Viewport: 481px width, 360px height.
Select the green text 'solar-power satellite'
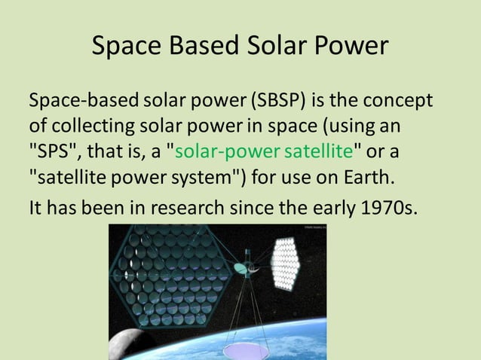[x=264, y=151]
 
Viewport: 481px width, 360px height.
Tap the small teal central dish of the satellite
[x=240, y=267]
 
